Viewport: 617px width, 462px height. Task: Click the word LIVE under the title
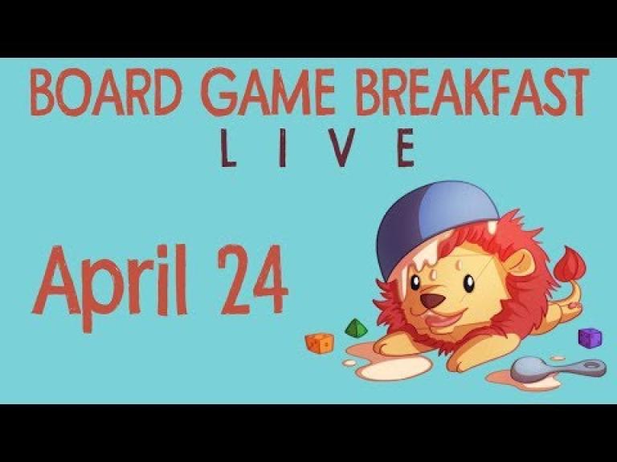317,148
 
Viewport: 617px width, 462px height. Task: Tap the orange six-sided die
320,343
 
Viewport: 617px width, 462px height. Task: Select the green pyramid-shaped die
356,328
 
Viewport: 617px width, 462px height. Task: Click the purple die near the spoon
590,338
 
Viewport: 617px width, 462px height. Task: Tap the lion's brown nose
432,301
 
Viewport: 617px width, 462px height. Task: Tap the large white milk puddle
394,368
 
